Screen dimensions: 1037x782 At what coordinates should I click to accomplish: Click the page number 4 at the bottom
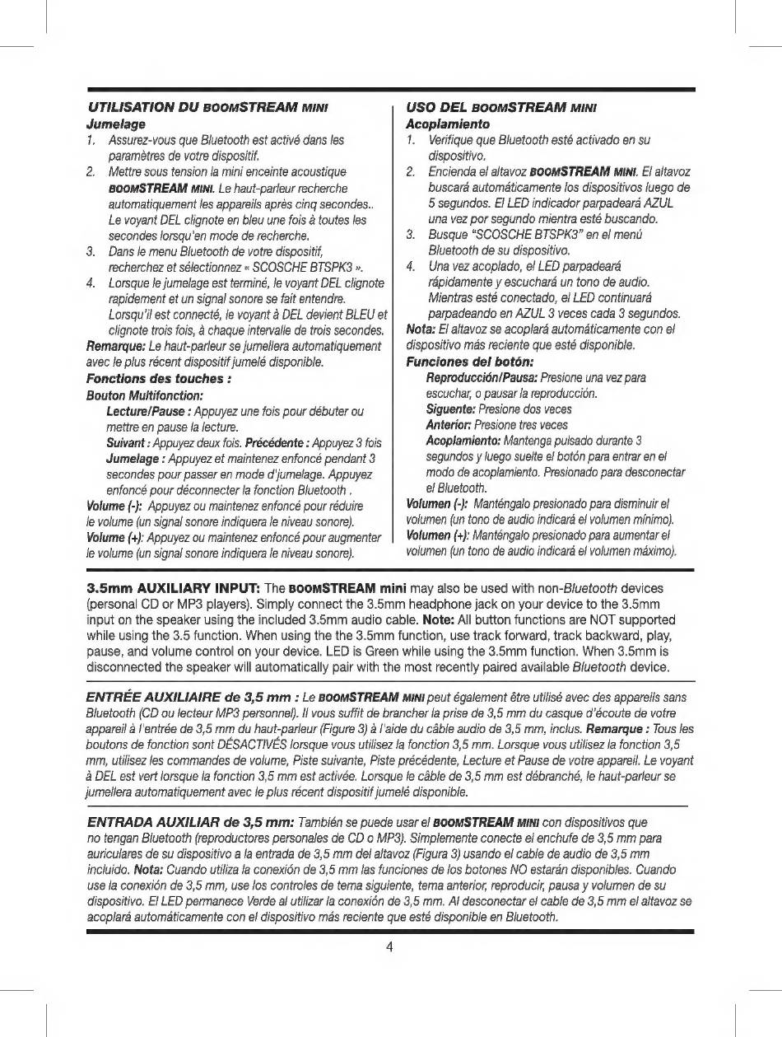tap(390, 946)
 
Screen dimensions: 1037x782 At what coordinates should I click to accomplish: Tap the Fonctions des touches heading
tap(156, 379)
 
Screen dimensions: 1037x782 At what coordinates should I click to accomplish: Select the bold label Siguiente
tap(448, 409)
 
